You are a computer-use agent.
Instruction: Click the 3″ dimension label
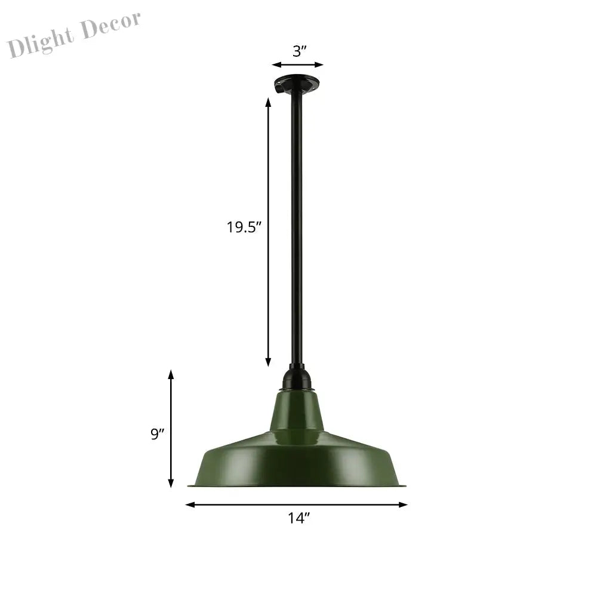(x=300, y=51)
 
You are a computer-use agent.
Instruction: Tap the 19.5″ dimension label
(x=244, y=227)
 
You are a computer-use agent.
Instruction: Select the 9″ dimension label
(x=157, y=433)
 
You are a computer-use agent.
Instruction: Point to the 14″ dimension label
(x=299, y=518)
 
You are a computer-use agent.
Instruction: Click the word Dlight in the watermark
(x=41, y=42)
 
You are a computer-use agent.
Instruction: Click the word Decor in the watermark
(x=111, y=25)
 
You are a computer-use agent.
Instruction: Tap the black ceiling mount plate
(x=297, y=82)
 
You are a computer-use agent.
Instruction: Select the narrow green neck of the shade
(x=297, y=413)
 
